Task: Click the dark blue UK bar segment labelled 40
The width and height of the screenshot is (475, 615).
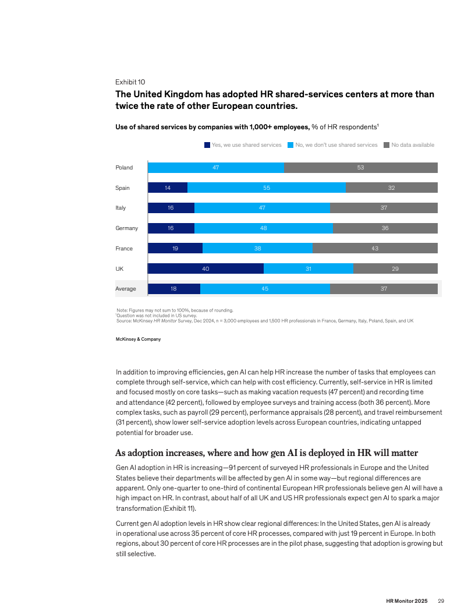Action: click(205, 268)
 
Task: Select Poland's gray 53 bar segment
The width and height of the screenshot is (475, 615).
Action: click(361, 168)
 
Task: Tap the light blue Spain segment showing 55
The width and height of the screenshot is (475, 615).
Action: click(266, 188)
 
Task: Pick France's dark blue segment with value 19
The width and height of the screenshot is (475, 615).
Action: click(175, 248)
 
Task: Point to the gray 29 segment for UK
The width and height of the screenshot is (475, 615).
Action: click(395, 268)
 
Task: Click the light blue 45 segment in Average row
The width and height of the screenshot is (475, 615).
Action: click(265, 289)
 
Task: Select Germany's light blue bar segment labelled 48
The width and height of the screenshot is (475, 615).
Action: click(264, 228)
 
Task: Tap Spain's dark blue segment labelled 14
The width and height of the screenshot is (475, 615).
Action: click(168, 188)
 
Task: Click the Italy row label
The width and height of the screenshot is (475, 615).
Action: click(120, 208)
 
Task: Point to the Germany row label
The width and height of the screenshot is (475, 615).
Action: click(126, 228)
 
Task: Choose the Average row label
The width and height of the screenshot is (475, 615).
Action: click(126, 289)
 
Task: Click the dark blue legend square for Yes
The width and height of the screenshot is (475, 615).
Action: click(207, 145)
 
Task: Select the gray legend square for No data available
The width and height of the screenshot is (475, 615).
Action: click(387, 145)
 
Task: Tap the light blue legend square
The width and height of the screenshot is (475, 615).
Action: click(290, 145)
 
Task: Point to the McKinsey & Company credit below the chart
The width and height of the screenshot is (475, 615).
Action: click(139, 339)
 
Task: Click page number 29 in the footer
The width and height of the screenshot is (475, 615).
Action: click(441, 601)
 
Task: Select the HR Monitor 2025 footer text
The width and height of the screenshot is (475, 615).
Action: click(407, 601)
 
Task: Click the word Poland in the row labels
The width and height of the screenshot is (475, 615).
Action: click(124, 168)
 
